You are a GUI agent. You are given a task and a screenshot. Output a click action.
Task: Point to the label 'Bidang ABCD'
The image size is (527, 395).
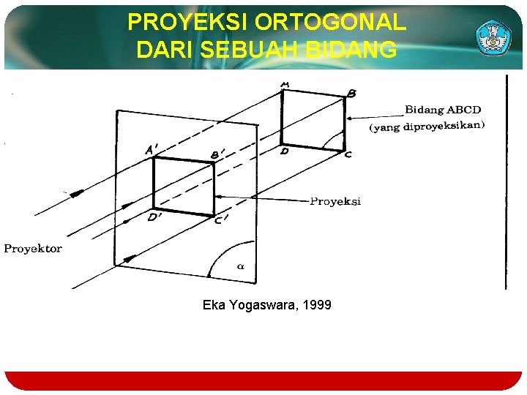443,110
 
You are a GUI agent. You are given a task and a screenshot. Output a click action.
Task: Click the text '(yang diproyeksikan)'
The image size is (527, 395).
427,126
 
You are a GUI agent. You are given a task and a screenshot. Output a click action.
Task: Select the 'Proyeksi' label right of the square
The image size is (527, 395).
335,201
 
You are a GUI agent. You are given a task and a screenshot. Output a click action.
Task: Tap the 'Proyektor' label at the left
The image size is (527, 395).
33,249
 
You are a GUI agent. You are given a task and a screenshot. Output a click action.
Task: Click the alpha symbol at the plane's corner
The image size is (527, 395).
240,267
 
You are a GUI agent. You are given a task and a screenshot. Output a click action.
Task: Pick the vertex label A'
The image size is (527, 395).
152,150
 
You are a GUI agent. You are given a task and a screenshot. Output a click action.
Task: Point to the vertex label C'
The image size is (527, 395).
222,220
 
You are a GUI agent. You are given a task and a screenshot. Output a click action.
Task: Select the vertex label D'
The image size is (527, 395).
154,217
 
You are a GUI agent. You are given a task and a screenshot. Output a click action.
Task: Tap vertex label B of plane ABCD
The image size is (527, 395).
351,94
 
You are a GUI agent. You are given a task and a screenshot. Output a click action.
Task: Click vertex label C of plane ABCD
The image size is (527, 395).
348,154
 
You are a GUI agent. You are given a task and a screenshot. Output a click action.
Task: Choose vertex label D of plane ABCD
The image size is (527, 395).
284,151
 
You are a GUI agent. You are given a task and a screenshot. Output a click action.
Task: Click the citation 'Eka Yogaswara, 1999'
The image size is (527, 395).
266,304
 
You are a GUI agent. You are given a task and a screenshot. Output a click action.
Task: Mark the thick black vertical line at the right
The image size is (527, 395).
505,183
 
